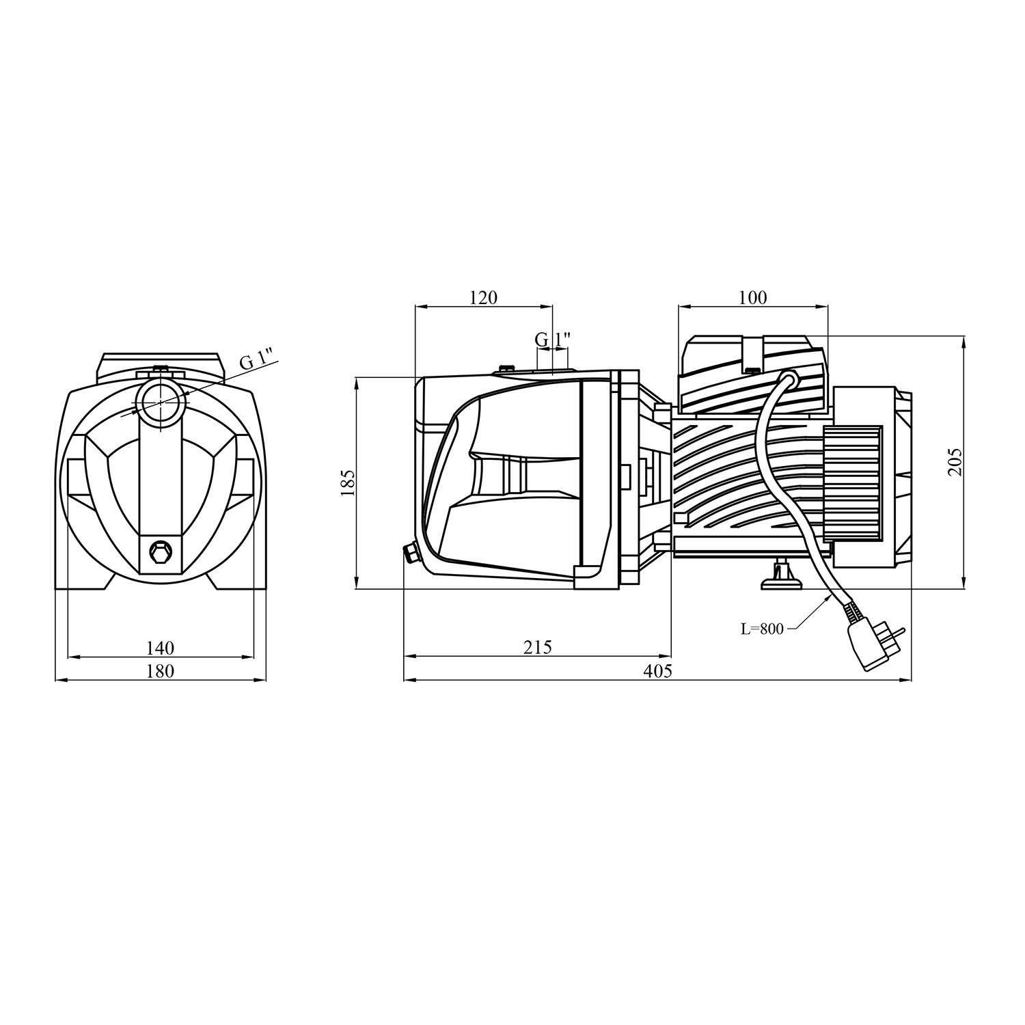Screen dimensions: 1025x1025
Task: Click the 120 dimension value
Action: click(x=484, y=297)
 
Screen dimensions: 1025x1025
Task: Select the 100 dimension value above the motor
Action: click(x=753, y=297)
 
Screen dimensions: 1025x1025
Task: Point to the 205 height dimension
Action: click(x=955, y=462)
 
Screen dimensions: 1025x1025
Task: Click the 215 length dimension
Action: click(x=538, y=646)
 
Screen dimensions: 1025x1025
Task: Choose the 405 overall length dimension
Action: click(x=658, y=670)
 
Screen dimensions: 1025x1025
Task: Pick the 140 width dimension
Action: click(x=161, y=646)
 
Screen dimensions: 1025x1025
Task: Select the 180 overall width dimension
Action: click(x=161, y=670)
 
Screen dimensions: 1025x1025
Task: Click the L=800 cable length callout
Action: click(x=763, y=629)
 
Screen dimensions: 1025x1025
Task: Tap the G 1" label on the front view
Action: click(x=256, y=359)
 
